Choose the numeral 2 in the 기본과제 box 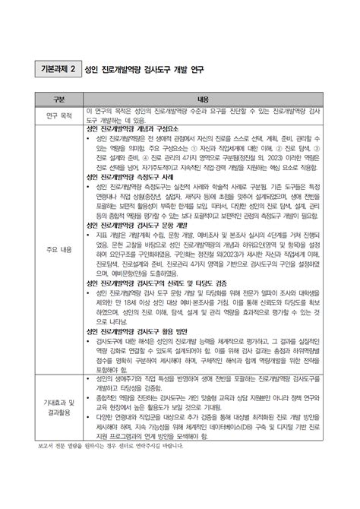pyautogui.click(x=73, y=70)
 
